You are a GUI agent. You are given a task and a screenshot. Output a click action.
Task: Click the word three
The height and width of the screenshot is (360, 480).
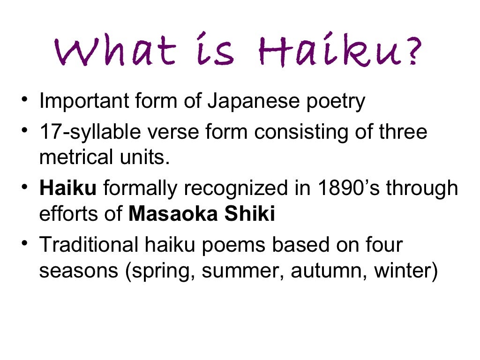coord(403,132)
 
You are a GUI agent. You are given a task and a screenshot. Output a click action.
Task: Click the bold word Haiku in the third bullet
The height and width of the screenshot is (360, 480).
coord(68,188)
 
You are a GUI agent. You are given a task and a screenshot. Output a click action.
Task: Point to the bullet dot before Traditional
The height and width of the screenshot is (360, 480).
coord(23,245)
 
